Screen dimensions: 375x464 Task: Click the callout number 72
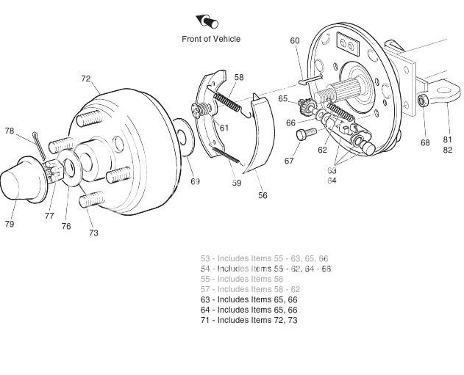86,79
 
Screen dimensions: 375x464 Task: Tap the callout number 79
9,224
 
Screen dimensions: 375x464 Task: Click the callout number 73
93,233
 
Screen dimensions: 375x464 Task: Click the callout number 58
239,77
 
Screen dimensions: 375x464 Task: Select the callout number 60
295,41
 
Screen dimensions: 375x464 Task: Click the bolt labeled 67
304,134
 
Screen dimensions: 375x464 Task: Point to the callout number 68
425,142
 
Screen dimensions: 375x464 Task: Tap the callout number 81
447,139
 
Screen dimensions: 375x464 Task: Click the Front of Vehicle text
211,39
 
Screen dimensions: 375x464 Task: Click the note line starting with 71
249,320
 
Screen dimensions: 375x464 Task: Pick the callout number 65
282,98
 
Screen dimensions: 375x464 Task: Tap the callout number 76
66,227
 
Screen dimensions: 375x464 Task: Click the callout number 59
236,183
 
